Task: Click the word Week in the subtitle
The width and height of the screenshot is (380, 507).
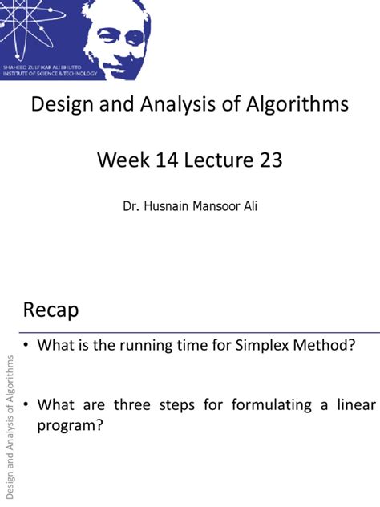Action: click(x=122, y=160)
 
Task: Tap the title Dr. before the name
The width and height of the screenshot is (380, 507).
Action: click(x=131, y=206)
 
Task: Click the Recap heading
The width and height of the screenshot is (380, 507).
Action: click(x=51, y=310)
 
